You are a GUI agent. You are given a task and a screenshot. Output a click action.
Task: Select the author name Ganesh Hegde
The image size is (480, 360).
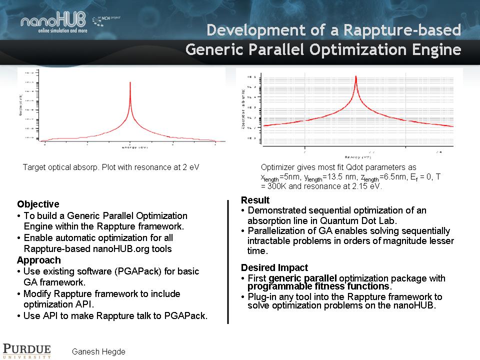point(98,351)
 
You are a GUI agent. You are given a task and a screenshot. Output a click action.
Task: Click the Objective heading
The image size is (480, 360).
point(38,204)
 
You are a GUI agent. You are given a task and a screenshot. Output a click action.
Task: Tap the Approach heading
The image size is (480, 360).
point(38,260)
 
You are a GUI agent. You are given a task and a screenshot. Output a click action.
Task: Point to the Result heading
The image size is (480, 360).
point(255,200)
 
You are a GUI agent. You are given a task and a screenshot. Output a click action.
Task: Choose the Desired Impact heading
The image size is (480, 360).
point(274,267)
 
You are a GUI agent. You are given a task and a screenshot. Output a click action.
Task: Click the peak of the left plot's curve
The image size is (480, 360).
point(130,83)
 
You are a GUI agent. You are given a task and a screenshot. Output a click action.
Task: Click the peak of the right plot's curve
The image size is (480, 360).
point(355,77)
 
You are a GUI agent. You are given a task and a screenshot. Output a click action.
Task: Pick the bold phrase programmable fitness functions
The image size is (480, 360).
point(318,286)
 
